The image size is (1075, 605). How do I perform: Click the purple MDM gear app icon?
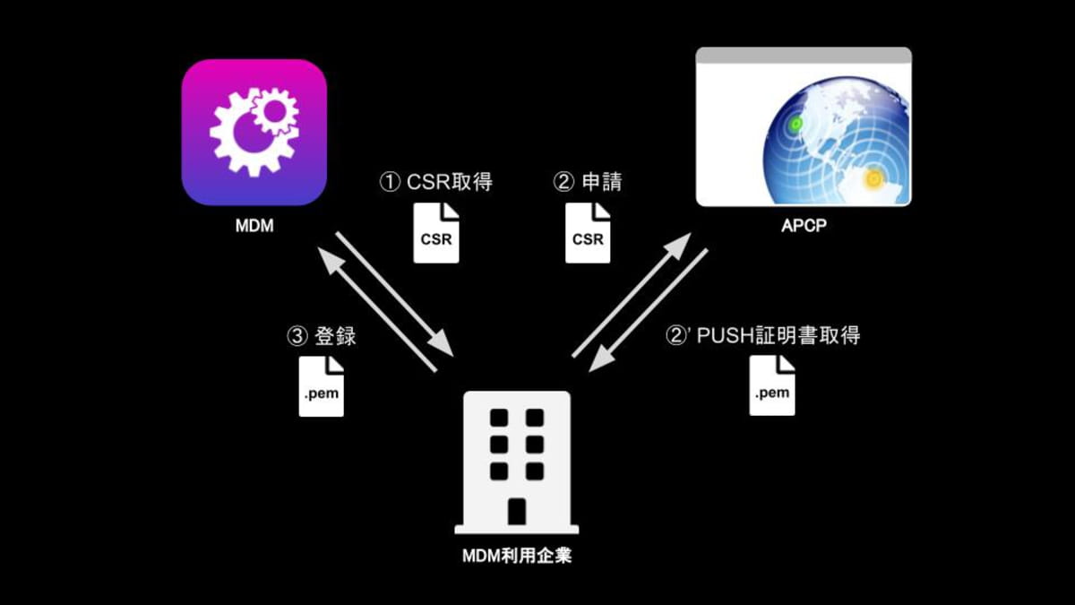pos(254,133)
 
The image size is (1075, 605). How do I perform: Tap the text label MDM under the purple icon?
pos(254,226)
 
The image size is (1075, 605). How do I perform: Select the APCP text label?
pos(804,226)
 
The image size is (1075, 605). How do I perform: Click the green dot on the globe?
pos(796,124)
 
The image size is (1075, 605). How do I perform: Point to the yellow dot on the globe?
pos(873,178)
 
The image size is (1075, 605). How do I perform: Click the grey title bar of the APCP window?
pos(804,56)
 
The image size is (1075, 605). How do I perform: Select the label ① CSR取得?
pos(435,182)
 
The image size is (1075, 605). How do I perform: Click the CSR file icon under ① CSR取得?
pos(436,233)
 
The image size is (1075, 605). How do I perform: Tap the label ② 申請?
pos(588,182)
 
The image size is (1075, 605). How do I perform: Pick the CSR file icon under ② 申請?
pos(588,233)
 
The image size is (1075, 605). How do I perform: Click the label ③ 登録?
pos(322,336)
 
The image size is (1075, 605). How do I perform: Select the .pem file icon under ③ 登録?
pos(321,386)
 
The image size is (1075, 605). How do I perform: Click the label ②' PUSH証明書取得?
pos(763,335)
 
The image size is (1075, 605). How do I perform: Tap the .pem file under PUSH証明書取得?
pos(772,385)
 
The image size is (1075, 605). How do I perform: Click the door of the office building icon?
pos(517,512)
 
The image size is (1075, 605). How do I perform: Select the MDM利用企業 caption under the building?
pos(517,556)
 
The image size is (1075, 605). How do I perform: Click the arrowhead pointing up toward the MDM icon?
pos(330,259)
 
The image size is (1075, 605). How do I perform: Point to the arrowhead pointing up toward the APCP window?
pos(677,245)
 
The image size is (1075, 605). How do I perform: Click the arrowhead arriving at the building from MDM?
pos(442,344)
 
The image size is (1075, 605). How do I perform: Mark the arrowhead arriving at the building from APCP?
pos(602,360)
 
